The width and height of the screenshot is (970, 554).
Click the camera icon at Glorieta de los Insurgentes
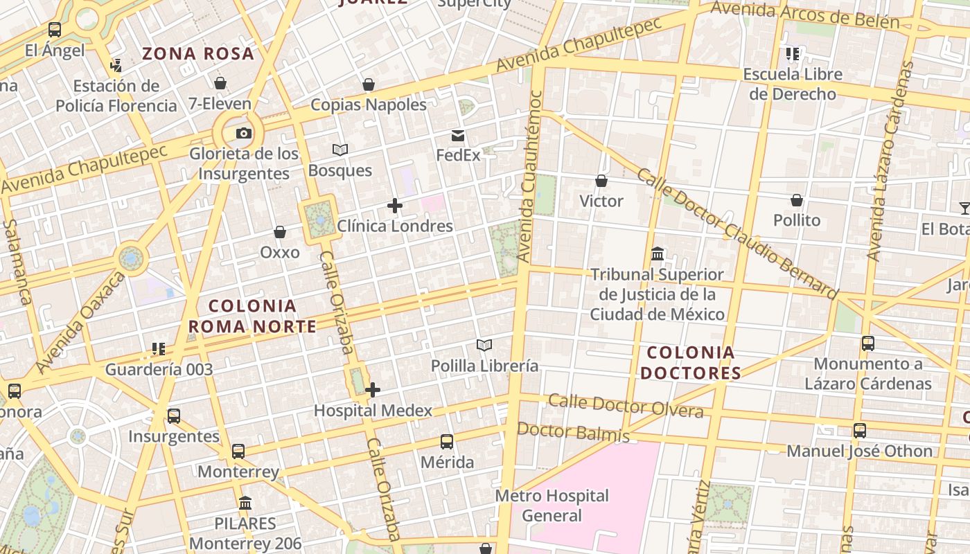[243, 133]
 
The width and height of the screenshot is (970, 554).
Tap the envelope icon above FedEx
[458, 135]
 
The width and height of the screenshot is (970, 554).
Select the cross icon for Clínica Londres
[395, 206]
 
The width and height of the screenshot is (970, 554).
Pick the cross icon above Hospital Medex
[373, 390]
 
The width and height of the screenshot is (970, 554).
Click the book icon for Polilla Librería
[484, 345]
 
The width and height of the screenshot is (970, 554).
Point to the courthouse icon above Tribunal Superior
[658, 254]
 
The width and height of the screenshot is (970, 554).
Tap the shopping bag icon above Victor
[601, 181]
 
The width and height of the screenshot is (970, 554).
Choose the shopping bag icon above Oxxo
[280, 232]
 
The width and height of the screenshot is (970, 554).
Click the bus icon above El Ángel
[55, 30]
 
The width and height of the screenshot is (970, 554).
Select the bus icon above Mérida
[447, 441]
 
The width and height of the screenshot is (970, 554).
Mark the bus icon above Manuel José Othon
[860, 430]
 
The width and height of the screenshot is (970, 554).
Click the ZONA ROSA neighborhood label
[198, 53]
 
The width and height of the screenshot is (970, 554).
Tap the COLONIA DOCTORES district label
[690, 363]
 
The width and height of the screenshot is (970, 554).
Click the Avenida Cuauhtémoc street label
[530, 177]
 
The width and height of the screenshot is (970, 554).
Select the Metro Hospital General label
[552, 506]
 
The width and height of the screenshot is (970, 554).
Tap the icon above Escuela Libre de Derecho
[793, 53]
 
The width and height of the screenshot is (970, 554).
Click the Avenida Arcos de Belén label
[804, 16]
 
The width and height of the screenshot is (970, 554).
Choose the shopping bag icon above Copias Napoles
[369, 84]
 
